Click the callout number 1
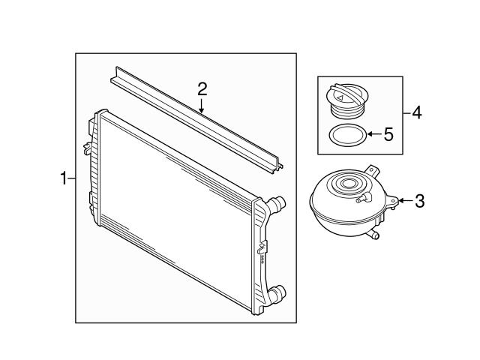point(64,178)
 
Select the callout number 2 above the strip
point(202,88)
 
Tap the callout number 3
point(419,200)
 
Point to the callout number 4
point(417,113)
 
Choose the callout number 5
point(388,135)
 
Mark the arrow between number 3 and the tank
point(402,200)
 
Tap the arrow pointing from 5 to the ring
point(372,135)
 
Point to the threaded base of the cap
point(347,112)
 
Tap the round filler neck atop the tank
point(349,183)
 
